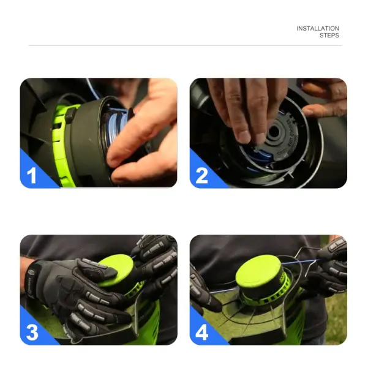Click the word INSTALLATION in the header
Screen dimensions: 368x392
coord(318,29)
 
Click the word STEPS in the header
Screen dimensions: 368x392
coord(329,36)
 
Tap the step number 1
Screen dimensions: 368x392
coord(31,176)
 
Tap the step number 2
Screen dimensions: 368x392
coord(201,176)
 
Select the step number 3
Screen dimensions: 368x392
coord(32,332)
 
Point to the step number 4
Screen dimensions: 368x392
coord(201,332)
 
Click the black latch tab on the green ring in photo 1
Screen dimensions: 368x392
coord(71,114)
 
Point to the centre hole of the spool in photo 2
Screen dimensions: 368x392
coord(273,131)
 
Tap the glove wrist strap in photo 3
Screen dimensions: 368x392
coord(32,279)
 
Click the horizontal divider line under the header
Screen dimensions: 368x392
coord(185,46)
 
